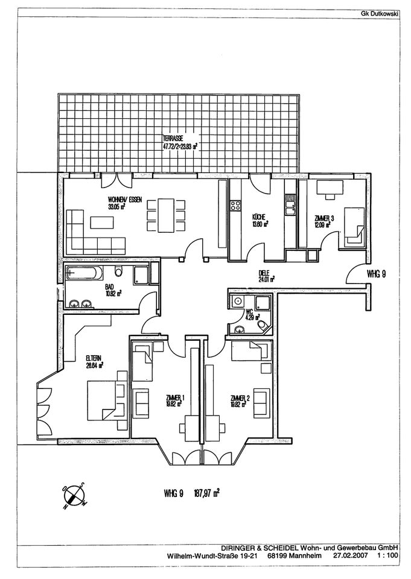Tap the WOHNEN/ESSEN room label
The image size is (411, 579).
125,201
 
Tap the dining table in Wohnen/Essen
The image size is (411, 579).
164,215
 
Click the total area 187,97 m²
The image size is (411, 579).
206,493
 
